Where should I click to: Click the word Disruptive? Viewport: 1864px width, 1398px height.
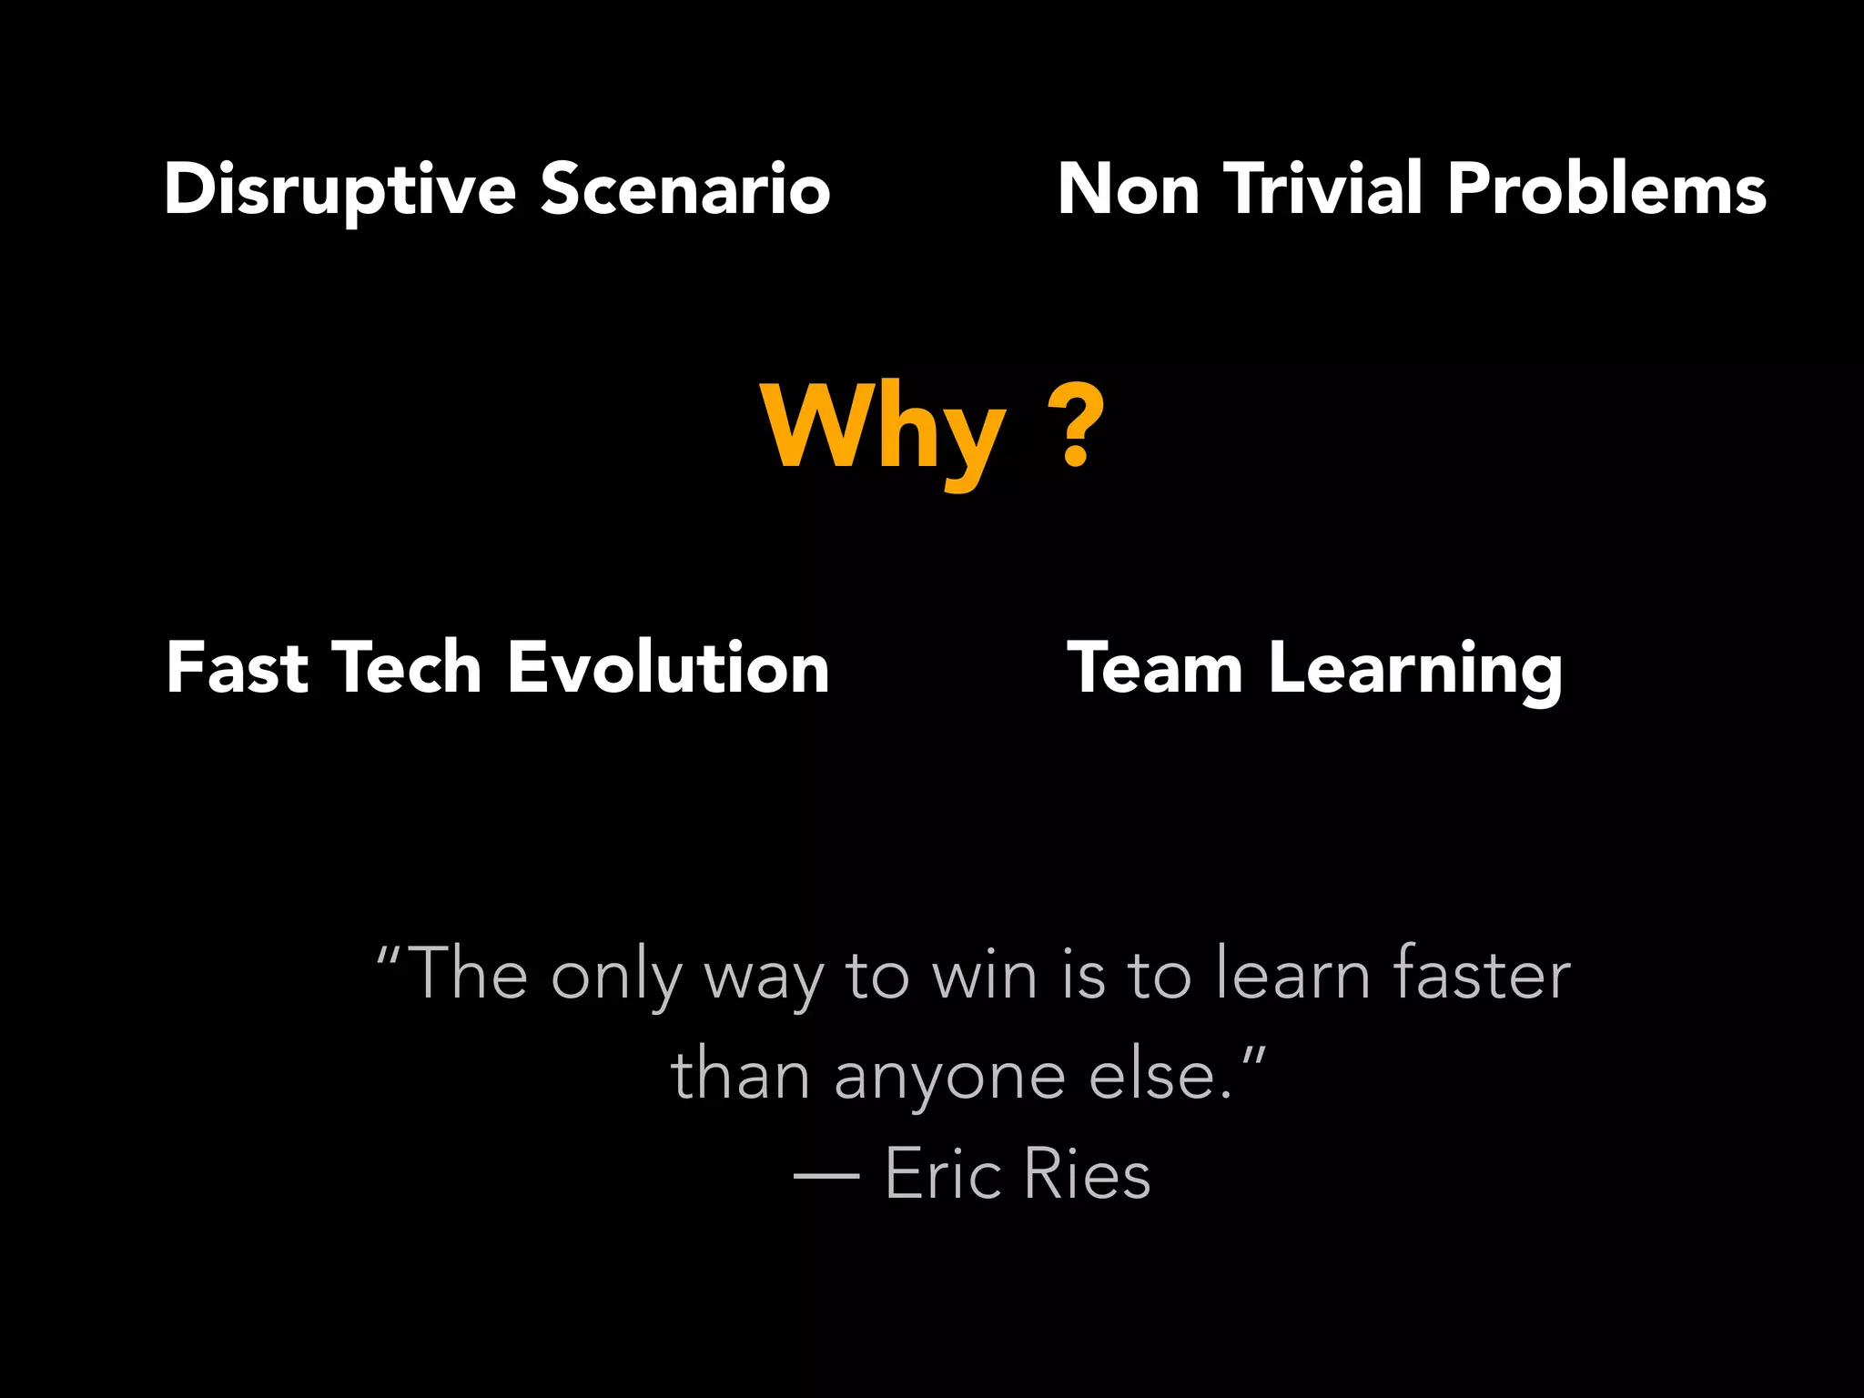tap(339, 189)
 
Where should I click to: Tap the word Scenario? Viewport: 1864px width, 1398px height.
tap(685, 189)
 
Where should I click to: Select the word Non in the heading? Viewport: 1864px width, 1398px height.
tap(1129, 189)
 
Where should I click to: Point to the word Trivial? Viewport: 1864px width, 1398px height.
tap(1323, 189)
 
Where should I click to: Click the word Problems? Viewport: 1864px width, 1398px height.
tap(1606, 189)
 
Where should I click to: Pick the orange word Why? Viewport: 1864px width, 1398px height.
tap(883, 428)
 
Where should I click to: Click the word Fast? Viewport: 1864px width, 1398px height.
tap(238, 668)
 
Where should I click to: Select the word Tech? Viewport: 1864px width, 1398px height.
tap(406, 668)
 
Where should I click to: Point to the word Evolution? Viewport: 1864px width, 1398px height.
tap(668, 668)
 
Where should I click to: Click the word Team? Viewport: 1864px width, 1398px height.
tap(1155, 668)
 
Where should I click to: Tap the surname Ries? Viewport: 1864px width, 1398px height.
tap(1087, 1174)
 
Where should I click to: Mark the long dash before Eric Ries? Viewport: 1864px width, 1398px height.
tap(826, 1177)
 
